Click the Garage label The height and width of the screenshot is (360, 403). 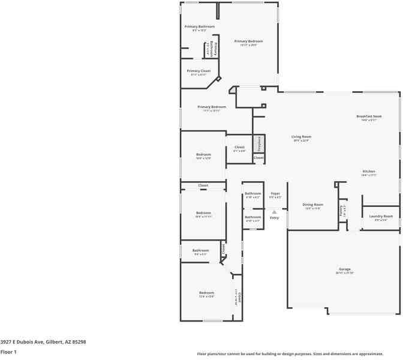point(344,269)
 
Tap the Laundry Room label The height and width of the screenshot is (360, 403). point(380,216)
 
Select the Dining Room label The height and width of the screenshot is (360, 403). point(313,205)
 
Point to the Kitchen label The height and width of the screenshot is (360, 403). point(368,172)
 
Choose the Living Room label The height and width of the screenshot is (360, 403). point(301,137)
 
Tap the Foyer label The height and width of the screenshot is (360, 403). point(275,193)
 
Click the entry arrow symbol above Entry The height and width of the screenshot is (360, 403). point(274,211)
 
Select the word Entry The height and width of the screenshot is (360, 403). point(274,218)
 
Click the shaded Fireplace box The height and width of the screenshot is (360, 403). point(258,143)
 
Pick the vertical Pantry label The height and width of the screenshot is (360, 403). point(342,211)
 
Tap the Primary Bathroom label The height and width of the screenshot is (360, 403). point(199,26)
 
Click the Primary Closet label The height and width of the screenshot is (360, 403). point(199,71)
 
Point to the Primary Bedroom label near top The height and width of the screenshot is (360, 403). point(248,41)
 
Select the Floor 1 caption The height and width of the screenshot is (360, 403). point(8,352)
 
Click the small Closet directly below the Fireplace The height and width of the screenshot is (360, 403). point(258,158)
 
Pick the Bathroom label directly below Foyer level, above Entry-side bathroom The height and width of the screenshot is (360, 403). point(252,193)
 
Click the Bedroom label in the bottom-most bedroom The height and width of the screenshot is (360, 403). point(206,293)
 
